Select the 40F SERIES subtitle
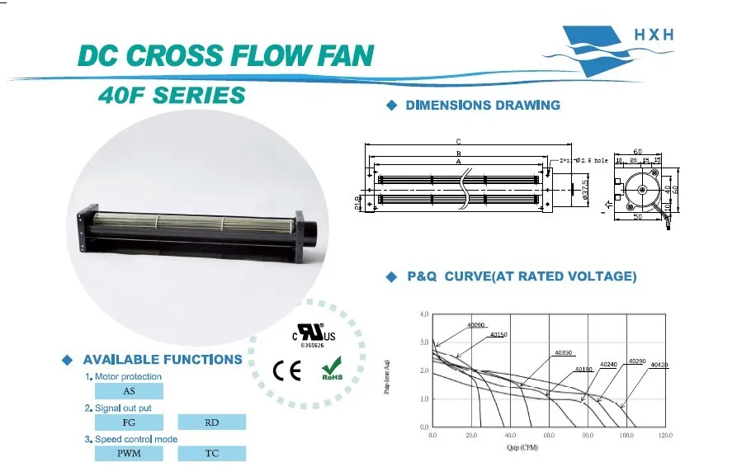(x=172, y=96)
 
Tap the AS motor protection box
(x=130, y=391)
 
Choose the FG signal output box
(x=130, y=422)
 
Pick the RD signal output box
(x=212, y=422)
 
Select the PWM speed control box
(x=130, y=453)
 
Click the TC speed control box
(x=212, y=453)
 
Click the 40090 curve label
(x=476, y=326)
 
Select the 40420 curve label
(x=659, y=365)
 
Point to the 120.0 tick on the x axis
(x=665, y=435)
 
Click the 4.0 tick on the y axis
(x=424, y=315)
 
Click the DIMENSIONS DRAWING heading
(x=483, y=106)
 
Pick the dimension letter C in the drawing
(x=457, y=141)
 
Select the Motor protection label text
(x=128, y=376)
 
